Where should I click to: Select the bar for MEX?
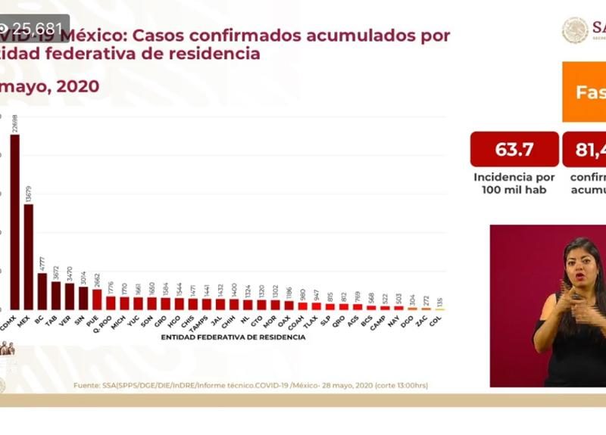coord(28,256)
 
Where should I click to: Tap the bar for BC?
coord(42,291)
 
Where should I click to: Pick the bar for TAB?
coord(56,296)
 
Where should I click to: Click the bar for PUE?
coord(97,300)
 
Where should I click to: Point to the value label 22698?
coord(15,122)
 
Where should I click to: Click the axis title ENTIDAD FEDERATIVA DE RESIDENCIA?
coord(233,337)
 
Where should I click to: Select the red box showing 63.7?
coord(514,149)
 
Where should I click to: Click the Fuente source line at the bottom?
coord(250,386)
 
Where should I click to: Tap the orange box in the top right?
coord(584,92)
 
